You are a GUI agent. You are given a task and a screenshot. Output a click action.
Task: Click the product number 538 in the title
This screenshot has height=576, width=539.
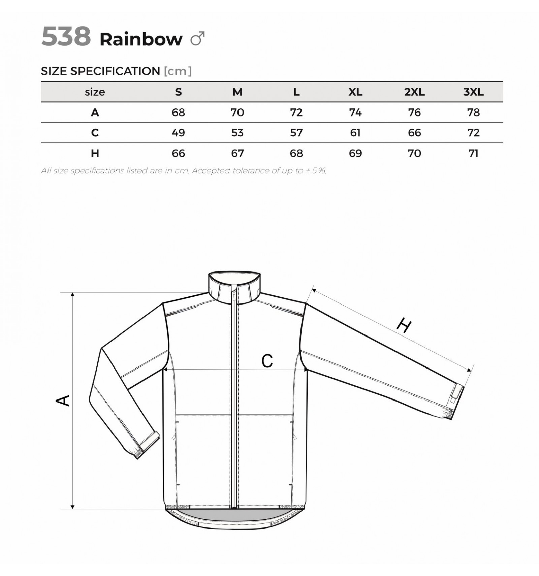point(66,36)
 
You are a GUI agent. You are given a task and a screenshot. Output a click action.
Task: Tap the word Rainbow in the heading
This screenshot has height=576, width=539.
point(141,39)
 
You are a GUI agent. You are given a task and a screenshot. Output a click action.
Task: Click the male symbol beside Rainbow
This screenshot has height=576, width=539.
point(198,39)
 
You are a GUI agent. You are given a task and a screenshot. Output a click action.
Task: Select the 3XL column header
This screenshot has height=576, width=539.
point(473,92)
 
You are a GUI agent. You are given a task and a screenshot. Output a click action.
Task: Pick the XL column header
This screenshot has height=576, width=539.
point(355,92)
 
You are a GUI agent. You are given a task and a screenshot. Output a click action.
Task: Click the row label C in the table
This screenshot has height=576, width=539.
point(95,133)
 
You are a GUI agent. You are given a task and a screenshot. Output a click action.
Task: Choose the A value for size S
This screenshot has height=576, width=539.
point(178,112)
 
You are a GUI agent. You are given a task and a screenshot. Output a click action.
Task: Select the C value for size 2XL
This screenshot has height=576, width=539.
point(414,133)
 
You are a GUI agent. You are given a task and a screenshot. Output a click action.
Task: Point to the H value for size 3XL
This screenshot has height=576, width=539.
point(473,153)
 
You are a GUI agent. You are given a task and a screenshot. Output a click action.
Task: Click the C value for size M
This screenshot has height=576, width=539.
point(237,133)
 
